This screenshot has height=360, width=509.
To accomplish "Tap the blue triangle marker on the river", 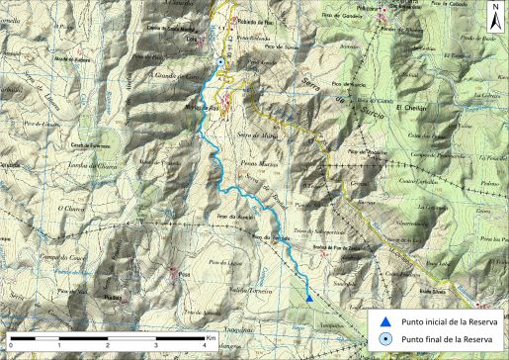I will coord(309,297).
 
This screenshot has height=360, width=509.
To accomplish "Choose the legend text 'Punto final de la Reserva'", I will coord(444,340).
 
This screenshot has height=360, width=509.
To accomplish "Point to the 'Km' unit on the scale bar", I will coord(211,338).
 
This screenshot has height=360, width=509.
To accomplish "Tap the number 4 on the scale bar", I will coord(203,347).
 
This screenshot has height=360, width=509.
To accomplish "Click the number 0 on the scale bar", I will coord(12,347).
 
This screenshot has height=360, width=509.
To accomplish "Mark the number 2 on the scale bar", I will coord(108,347).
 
